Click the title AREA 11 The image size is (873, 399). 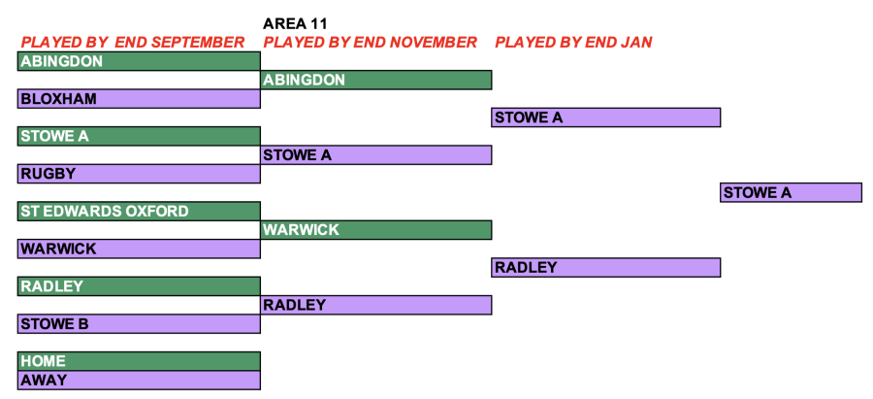[x=295, y=24]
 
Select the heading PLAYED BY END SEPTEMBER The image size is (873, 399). [x=133, y=43]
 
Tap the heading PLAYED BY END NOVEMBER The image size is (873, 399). [x=371, y=43]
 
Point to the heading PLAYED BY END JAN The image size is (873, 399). [x=573, y=43]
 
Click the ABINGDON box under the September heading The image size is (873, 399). [x=139, y=61]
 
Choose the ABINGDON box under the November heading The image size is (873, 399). [x=375, y=80]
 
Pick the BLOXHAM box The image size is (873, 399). [x=139, y=99]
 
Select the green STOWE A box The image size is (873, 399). [x=139, y=136]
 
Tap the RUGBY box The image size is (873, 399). [x=139, y=174]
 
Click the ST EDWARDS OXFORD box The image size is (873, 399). [x=139, y=212]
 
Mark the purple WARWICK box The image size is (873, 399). [x=139, y=249]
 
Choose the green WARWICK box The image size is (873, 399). [x=375, y=229]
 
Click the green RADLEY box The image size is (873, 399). [x=139, y=285]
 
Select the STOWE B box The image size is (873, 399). [x=139, y=324]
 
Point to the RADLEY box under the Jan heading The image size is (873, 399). [x=605, y=268]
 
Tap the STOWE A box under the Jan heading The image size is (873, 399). [x=605, y=117]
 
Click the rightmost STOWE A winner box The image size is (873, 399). [x=792, y=192]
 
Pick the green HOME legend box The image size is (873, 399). [x=139, y=361]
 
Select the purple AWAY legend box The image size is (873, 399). [x=139, y=380]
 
